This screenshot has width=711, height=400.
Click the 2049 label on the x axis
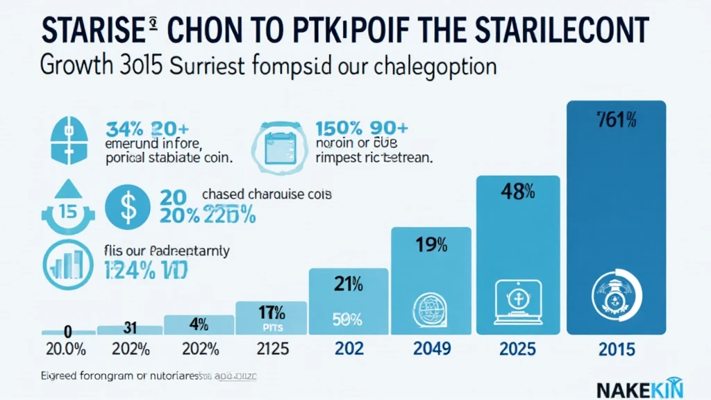pyautogui.click(x=433, y=349)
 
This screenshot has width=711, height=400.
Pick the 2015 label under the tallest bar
pyautogui.click(x=617, y=349)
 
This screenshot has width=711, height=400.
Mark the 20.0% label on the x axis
pyautogui.click(x=65, y=349)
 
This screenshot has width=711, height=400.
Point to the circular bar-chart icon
pyautogui.click(x=67, y=264)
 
